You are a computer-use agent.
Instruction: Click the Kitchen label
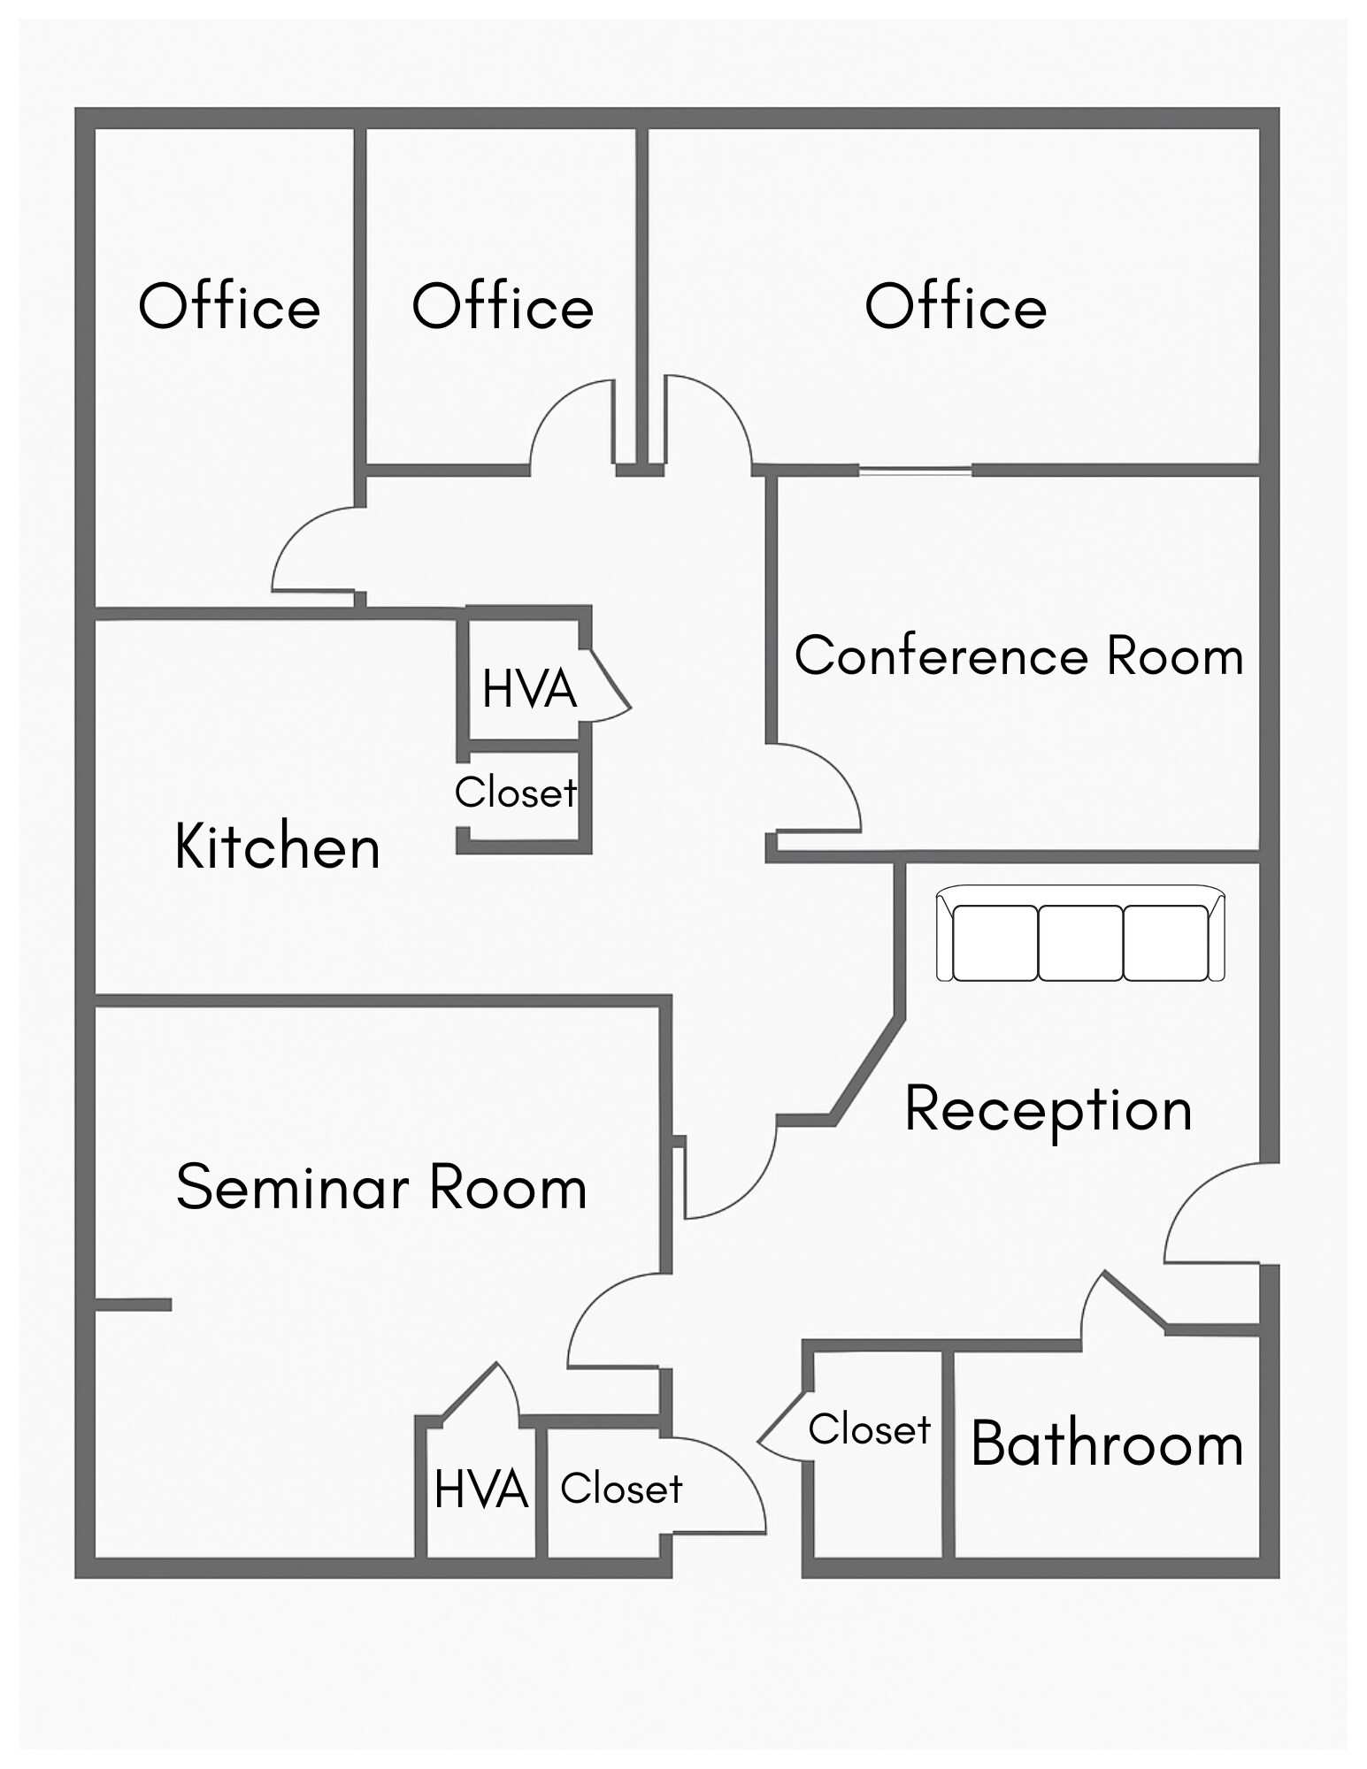(278, 847)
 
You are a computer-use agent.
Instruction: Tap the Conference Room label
(1018, 656)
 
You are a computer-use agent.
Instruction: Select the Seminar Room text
(381, 1187)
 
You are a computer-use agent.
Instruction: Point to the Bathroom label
(1106, 1444)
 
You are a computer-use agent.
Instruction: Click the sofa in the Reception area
(1080, 934)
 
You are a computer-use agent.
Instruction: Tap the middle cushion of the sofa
(1080, 943)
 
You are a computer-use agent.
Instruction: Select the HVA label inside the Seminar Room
(480, 1489)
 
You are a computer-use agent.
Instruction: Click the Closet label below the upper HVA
(516, 793)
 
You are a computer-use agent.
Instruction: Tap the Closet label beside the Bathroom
(869, 1430)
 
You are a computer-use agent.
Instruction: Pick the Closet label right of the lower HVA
(621, 1489)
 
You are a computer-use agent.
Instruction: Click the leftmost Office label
(229, 307)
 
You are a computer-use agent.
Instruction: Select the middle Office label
(503, 307)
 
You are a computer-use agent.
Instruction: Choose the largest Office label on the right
(956, 307)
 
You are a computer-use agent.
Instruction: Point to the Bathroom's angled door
(1133, 1300)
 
